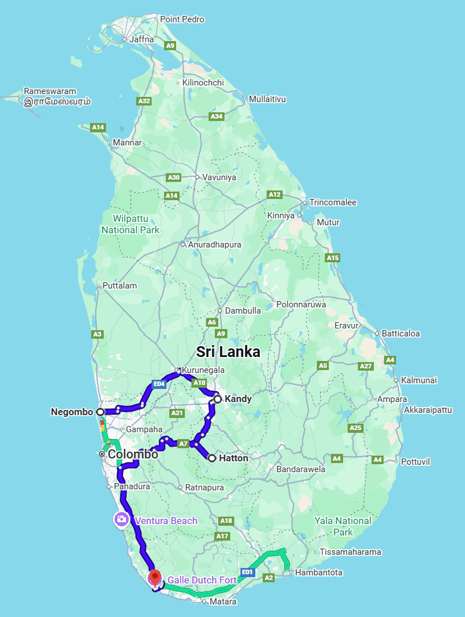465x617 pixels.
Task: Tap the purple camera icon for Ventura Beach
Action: [121, 519]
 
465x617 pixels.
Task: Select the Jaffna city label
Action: [141, 39]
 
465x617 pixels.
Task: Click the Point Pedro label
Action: [182, 19]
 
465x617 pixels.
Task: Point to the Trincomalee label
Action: [333, 202]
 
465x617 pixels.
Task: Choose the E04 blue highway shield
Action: [159, 384]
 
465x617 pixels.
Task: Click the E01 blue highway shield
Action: [247, 571]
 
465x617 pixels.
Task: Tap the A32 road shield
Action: [144, 101]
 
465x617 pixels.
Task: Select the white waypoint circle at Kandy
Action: [217, 399]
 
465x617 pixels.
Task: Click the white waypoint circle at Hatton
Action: [212, 458]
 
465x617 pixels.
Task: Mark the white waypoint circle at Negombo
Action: [100, 411]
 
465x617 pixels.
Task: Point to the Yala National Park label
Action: [343, 526]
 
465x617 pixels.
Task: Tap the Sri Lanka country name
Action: [228, 352]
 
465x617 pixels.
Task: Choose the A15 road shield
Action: [333, 258]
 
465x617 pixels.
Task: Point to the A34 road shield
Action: [217, 116]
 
